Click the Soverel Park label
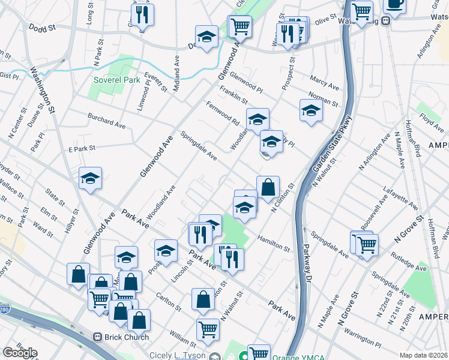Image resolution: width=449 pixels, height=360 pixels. [x=116, y=80]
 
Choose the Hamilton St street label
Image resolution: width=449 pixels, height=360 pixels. [x=274, y=243]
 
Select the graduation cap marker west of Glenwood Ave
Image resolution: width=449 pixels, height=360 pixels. [x=90, y=178]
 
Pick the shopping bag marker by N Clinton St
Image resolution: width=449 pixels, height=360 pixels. [x=268, y=188]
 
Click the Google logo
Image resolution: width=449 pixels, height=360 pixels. [x=20, y=353]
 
